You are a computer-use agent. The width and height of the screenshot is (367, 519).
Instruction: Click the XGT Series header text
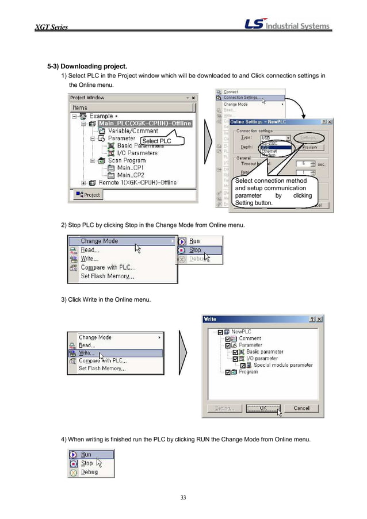[51, 28]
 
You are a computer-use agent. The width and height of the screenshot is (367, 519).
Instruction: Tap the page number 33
[183, 497]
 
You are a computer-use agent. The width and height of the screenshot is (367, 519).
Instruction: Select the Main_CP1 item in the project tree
[131, 168]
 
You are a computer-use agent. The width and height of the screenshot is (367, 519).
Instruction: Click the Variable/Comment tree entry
[132, 131]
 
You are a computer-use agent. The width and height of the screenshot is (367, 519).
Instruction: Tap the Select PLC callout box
[156, 141]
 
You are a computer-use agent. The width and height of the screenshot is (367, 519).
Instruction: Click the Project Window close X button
[193, 98]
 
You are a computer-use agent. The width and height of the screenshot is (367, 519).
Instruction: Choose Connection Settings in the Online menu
[240, 98]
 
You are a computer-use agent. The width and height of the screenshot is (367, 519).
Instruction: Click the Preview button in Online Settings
[309, 147]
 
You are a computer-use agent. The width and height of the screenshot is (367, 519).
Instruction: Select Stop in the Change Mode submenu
[196, 250]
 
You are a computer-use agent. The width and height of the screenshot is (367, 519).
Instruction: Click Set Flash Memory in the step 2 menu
[107, 276]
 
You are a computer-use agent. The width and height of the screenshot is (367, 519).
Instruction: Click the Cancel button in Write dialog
[301, 408]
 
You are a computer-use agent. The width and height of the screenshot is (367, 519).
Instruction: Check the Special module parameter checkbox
[243, 365]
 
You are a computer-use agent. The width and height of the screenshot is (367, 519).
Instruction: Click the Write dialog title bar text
[211, 319]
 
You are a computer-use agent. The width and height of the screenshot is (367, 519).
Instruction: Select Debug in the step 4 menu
[89, 472]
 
